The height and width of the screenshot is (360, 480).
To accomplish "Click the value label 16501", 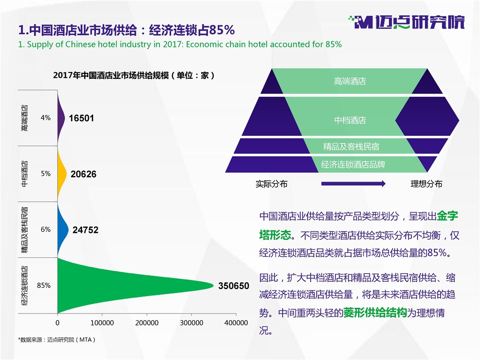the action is pos(81,118).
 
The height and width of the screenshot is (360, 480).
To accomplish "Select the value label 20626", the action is pos(83,174).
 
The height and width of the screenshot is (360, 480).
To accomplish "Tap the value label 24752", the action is pos(85,230).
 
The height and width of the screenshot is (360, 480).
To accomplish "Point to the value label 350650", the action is pos(234,286).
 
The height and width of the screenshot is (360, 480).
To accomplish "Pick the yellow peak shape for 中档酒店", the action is pos(61,174).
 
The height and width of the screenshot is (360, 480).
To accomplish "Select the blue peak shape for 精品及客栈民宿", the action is pos(62,229).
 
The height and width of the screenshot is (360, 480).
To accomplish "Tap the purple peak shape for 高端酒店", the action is pos(60,118).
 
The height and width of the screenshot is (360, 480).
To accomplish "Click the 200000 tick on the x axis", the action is pos(146,323).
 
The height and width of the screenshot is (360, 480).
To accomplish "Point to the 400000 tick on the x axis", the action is pos(236,323).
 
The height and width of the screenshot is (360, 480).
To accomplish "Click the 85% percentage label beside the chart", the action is pos(44,285).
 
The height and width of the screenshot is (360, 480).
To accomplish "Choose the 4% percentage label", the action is pos(46,118).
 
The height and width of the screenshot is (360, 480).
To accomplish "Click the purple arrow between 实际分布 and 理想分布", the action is pos(353,184).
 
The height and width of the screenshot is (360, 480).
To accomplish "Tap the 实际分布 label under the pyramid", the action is pos(272,184).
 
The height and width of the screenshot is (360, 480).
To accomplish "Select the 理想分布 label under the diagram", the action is pos(426,184).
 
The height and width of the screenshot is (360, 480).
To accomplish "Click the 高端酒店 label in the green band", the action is pos(350,81).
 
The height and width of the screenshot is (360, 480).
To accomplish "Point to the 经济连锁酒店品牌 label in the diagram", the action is pos(353,164).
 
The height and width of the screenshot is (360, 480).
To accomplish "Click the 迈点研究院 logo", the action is pos(407,22).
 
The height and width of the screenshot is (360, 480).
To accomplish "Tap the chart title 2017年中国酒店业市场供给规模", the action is pos(134,75).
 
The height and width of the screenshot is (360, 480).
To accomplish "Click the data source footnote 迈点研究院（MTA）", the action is pos(57,339).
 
